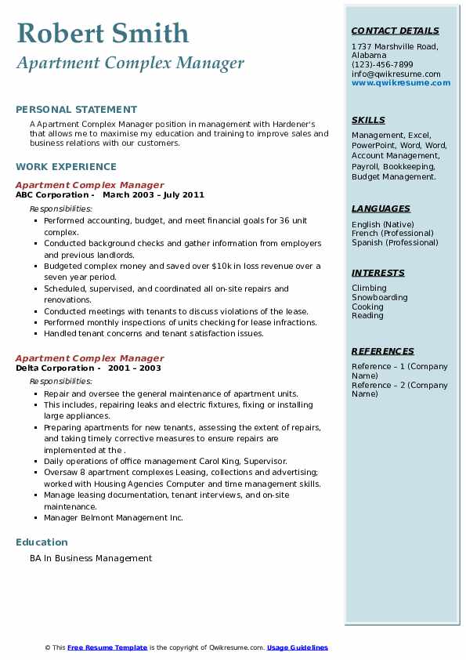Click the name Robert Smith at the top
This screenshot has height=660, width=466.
click(103, 33)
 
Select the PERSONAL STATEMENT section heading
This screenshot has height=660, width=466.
click(76, 110)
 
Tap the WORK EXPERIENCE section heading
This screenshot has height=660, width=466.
click(66, 166)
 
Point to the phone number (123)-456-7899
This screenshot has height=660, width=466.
click(382, 64)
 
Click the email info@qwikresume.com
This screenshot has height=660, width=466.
click(396, 74)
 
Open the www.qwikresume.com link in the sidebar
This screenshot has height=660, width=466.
click(401, 82)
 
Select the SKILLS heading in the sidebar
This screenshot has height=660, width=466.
click(368, 120)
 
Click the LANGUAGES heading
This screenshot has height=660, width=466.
click(381, 209)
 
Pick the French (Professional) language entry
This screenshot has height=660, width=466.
click(392, 233)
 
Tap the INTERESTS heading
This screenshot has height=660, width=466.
click(377, 273)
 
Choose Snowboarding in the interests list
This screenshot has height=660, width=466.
click(379, 298)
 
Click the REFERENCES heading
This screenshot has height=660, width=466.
click(383, 351)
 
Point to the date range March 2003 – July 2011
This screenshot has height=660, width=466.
click(154, 195)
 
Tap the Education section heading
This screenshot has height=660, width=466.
click(42, 542)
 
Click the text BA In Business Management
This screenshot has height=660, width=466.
click(91, 559)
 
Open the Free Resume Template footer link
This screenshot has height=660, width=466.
click(107, 647)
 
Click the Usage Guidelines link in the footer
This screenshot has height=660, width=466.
click(298, 647)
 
